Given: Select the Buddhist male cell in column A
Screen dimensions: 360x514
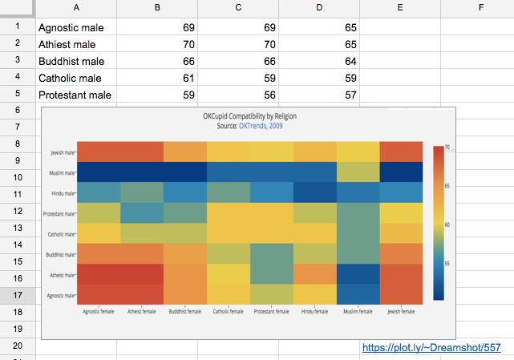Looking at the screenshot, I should (x=71, y=62).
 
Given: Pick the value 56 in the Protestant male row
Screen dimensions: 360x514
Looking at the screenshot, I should (x=257, y=95).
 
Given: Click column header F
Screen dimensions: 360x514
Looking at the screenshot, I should (x=479, y=8).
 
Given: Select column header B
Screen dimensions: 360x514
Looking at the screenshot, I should (x=156, y=8).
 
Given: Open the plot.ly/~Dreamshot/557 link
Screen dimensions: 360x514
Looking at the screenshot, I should (x=431, y=348).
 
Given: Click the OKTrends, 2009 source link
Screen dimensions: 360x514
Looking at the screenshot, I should (x=261, y=126).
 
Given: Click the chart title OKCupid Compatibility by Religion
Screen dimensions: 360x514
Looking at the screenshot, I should (x=249, y=116).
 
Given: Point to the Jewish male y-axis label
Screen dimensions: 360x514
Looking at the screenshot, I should (x=62, y=152).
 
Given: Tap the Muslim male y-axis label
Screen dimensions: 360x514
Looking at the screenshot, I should (x=62, y=172).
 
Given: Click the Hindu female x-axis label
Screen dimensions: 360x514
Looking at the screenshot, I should (x=314, y=312).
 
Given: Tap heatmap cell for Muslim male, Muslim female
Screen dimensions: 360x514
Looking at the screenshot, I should (x=358, y=172).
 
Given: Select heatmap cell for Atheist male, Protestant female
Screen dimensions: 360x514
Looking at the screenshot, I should (x=271, y=274).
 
